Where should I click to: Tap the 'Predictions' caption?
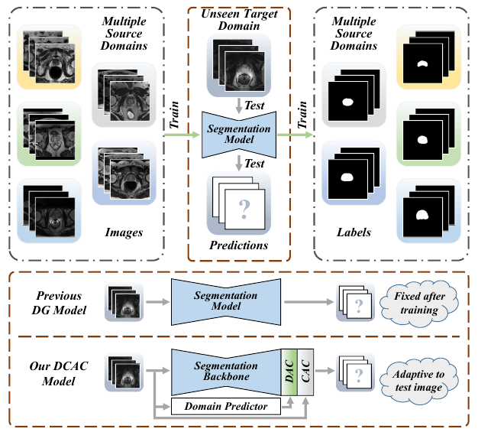point(237,245)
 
